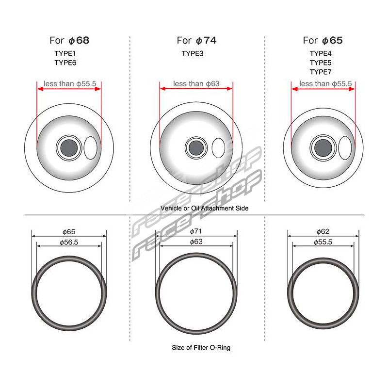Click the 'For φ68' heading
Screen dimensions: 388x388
pyautogui.click(x=69, y=41)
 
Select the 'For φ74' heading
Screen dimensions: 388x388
pyautogui.click(x=197, y=41)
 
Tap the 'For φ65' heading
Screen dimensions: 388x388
pyautogui.click(x=323, y=41)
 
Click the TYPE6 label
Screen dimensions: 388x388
pyautogui.click(x=65, y=63)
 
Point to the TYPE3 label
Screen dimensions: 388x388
pyautogui.click(x=193, y=53)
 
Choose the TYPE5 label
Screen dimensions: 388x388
pyautogui.click(x=321, y=63)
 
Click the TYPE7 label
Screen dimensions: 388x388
pyautogui.click(x=321, y=72)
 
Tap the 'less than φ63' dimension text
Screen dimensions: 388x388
pyautogui.click(x=196, y=83)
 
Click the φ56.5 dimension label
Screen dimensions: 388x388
pyautogui.click(x=69, y=242)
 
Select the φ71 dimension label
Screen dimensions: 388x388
pyautogui.click(x=196, y=231)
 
